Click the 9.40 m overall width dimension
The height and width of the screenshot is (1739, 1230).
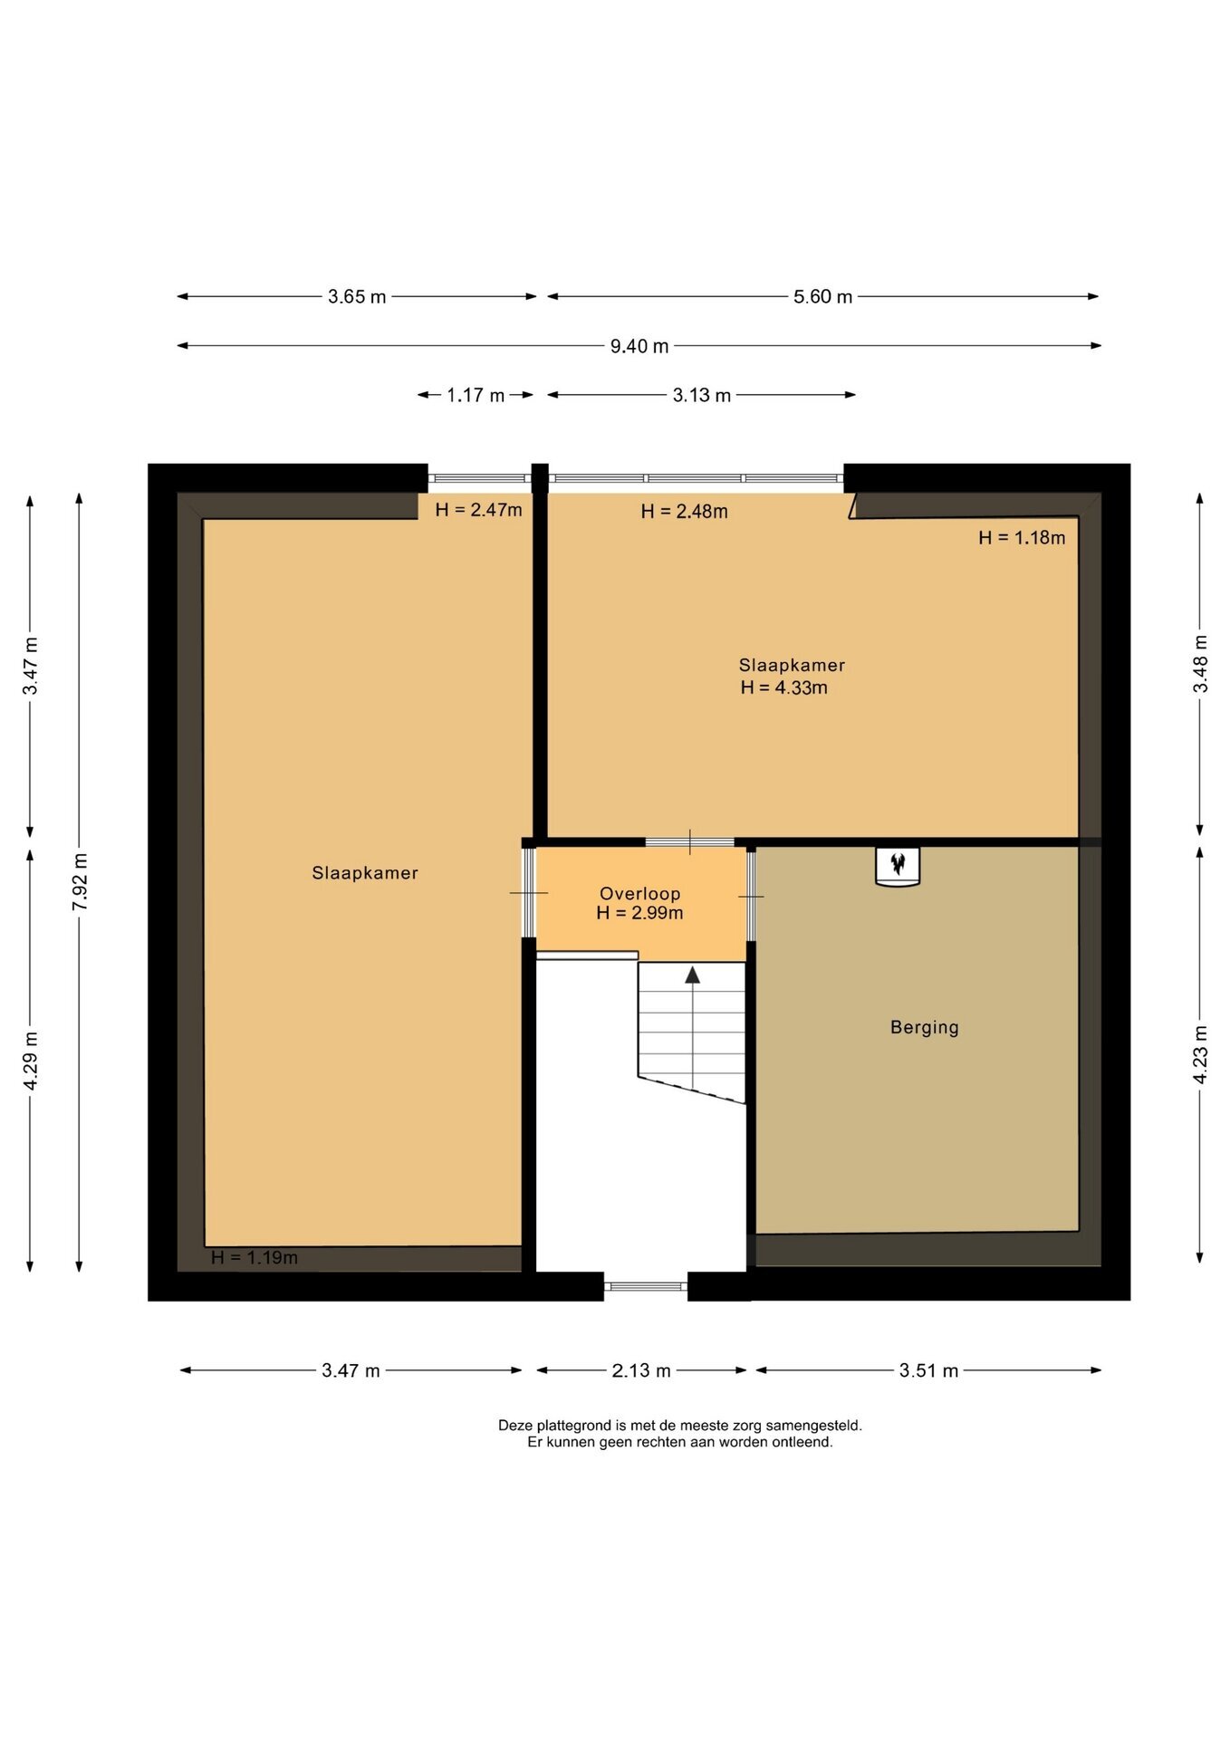639,346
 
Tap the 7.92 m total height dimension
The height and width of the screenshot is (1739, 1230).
80,883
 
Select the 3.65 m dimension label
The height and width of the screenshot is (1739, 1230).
357,297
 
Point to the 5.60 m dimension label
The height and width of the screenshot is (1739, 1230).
822,297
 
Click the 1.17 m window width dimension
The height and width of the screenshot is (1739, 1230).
476,396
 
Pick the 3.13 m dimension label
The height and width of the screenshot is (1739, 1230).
702,396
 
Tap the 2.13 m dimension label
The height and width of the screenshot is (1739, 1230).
641,1370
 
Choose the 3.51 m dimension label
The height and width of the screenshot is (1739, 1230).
928,1370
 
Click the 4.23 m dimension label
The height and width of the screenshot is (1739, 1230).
1201,1055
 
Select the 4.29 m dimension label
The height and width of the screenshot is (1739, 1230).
31,1062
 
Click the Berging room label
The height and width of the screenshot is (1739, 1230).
924,1027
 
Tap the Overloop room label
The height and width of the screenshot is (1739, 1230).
639,894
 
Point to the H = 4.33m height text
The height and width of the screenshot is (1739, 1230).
783,687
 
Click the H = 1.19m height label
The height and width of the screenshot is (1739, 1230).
255,1257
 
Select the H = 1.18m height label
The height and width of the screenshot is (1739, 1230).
1022,538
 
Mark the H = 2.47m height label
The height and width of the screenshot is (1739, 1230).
478,510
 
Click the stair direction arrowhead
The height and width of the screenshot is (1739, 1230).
693,975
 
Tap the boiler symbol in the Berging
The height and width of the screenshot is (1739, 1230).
898,866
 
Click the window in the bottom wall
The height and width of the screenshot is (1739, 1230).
646,1286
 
